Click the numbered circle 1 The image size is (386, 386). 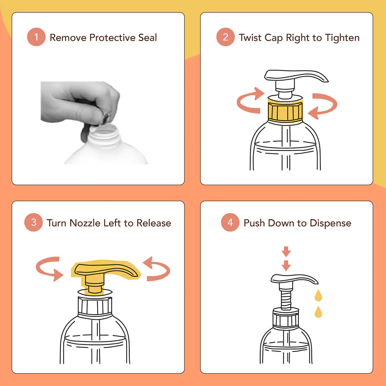coord(36,37)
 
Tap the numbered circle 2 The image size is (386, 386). coord(225,37)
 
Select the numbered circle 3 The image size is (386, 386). coord(33,222)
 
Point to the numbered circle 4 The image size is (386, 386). coord(230,222)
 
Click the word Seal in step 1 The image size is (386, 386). coord(147,38)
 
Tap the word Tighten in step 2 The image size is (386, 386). coord(342,38)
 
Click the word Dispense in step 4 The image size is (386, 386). coord(330,223)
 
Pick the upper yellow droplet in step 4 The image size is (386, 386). coord(318,295)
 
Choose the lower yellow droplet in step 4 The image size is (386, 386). coord(318,312)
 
